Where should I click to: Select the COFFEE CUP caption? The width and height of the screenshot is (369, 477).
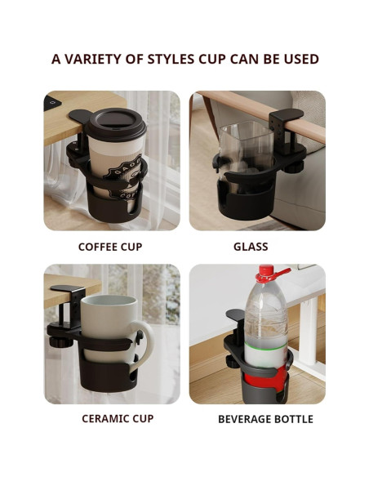[110, 247]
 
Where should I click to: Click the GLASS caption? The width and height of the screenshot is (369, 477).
[251, 247]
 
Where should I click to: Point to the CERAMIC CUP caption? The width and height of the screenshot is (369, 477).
[117, 419]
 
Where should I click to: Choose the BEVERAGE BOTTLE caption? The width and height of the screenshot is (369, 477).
[265, 419]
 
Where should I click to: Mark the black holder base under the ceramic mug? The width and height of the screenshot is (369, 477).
[106, 382]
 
